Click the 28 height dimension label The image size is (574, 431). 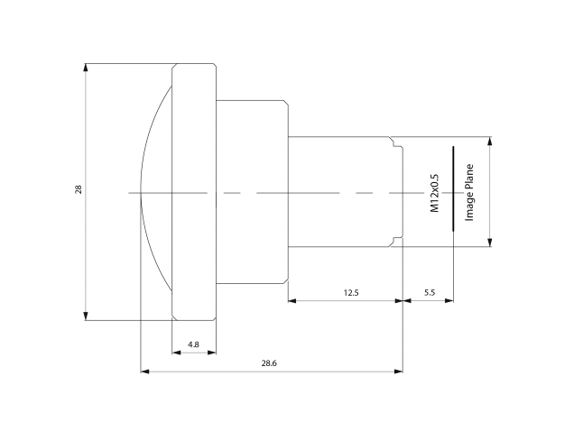79,190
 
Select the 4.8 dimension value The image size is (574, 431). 193,344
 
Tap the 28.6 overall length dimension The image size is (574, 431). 268,362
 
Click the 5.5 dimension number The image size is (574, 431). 429,293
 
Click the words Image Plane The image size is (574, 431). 469,192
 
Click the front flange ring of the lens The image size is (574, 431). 194,135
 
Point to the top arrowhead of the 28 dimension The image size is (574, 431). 87,68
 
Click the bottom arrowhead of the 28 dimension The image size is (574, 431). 87,316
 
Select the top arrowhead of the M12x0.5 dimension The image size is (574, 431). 490,141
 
